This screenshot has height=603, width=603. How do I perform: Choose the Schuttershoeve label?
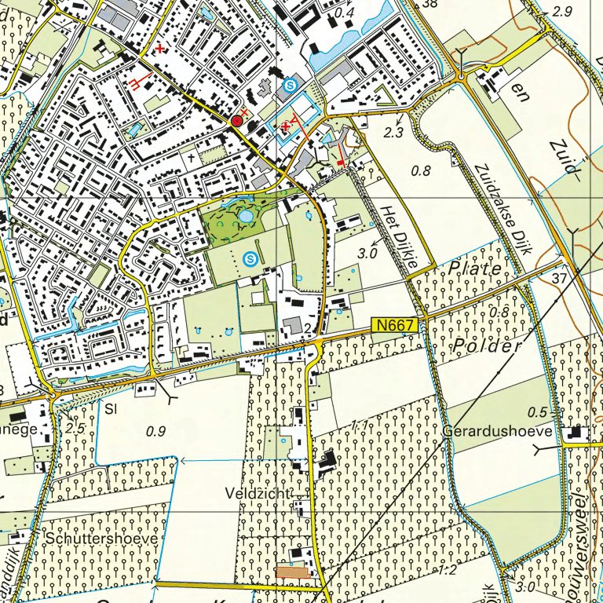coord(101,539)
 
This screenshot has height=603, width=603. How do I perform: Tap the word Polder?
coord(488,346)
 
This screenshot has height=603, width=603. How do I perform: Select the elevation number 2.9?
coord(562,12)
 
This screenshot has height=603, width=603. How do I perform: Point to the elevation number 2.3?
coord(394,133)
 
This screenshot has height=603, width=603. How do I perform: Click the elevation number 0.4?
coord(344,13)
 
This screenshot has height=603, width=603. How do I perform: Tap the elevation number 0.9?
coord(156,430)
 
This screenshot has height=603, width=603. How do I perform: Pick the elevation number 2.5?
coord(75,428)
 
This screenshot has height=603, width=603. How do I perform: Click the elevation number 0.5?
coord(537,412)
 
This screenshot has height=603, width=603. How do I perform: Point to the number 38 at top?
coord(429,4)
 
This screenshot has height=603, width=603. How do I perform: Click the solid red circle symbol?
coord(237,121)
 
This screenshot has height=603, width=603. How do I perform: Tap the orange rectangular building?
coord(291,572)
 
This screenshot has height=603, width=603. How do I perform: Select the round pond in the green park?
coord(245,215)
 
